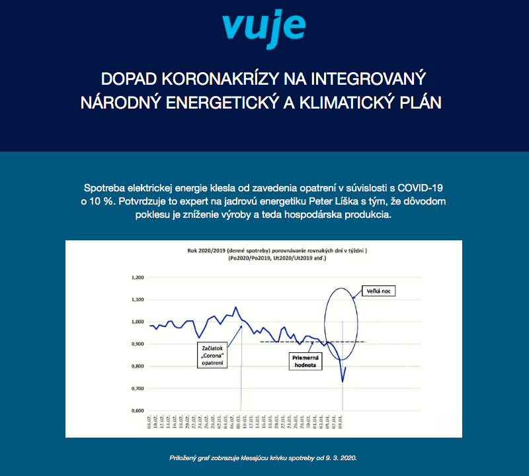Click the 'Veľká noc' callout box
[379, 291]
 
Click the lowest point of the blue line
[343, 381]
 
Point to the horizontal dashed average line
[298, 342]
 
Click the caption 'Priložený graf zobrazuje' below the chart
[264, 457]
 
